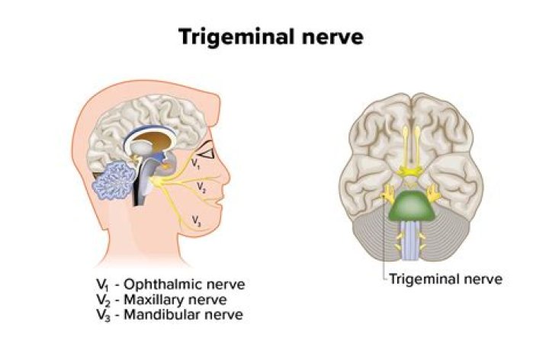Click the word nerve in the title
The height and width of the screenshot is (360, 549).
pos(332,37)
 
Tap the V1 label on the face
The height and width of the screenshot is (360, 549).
pos(195,164)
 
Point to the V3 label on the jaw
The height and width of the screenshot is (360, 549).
pos(197,221)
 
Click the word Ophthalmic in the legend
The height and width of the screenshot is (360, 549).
pos(164,284)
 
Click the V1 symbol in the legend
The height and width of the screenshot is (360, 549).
pos(102,284)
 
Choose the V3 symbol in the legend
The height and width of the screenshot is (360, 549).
pos(103,315)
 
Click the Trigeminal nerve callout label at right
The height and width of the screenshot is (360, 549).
pos(446,279)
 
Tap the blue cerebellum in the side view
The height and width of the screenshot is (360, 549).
pos(114,181)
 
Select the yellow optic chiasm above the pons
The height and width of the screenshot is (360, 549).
pos(410,172)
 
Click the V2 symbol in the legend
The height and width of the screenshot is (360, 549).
pos(103,300)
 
